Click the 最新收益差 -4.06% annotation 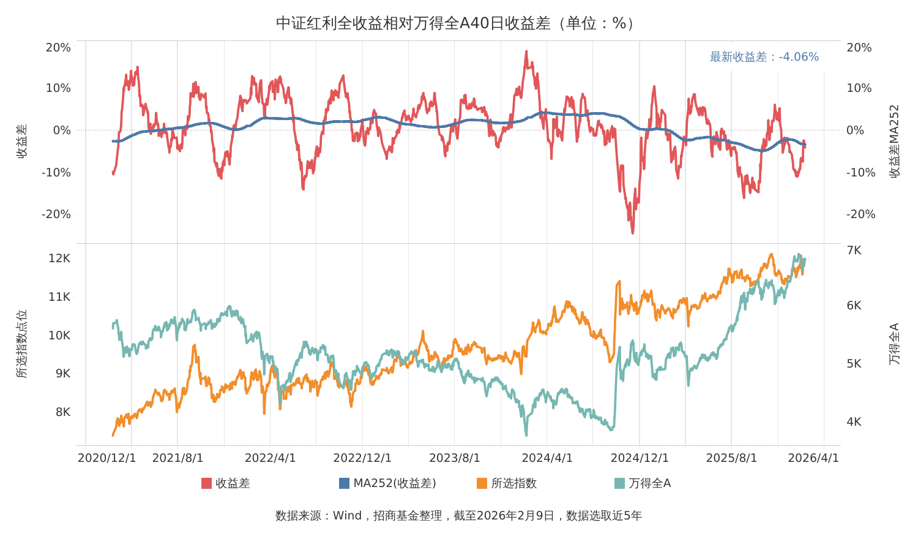pyautogui.click(x=764, y=56)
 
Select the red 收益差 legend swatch pyautogui.click(x=207, y=483)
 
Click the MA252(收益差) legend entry pyautogui.click(x=387, y=483)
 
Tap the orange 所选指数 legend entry pyautogui.click(x=507, y=483)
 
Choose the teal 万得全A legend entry pyautogui.click(x=643, y=483)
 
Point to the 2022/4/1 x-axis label pyautogui.click(x=270, y=458)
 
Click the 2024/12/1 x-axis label pyautogui.click(x=640, y=458)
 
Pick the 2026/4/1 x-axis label pyautogui.click(x=813, y=458)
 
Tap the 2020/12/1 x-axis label pyautogui.click(x=106, y=458)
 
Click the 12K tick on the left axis pyautogui.click(x=59, y=258)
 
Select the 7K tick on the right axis pyautogui.click(x=854, y=250)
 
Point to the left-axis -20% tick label pyautogui.click(x=56, y=214)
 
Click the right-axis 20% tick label pyautogui.click(x=859, y=48)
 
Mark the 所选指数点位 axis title pyautogui.click(x=21, y=344)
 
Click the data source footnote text pyautogui.click(x=458, y=516)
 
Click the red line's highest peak pyautogui.click(x=526, y=51)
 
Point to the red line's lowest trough pyautogui.click(x=633, y=233)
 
